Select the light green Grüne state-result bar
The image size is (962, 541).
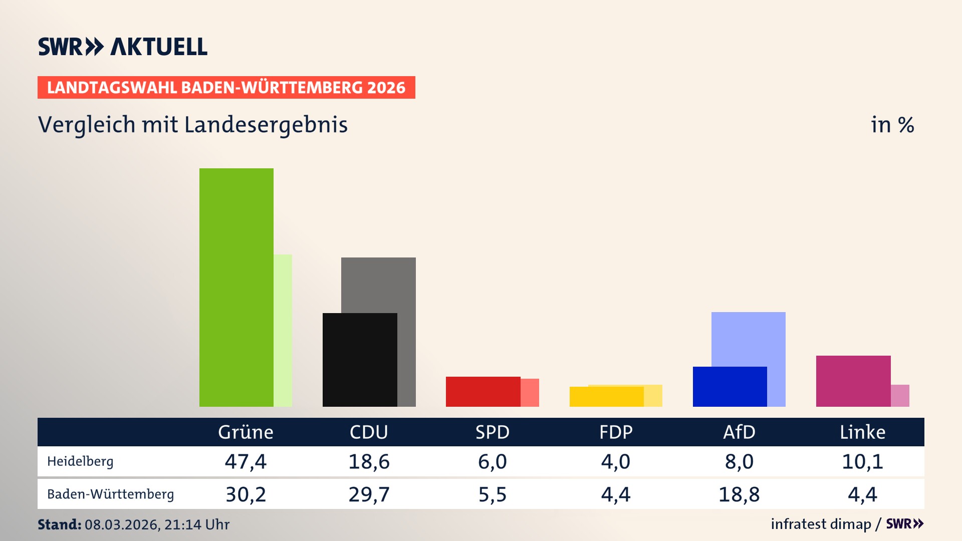click(x=283, y=331)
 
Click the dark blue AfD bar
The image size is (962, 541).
click(x=730, y=386)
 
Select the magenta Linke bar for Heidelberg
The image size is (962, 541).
click(x=853, y=381)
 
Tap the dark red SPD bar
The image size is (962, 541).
click(x=483, y=391)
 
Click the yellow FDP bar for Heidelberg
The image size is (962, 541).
click(x=606, y=396)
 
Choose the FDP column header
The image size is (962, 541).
click(x=616, y=432)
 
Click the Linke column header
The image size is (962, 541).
click(x=862, y=432)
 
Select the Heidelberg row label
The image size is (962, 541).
click(x=80, y=461)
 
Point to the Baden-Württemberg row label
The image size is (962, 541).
click(x=110, y=494)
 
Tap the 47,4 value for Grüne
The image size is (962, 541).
click(x=246, y=461)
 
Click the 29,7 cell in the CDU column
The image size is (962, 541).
click(x=369, y=494)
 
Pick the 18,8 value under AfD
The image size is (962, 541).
click(x=739, y=494)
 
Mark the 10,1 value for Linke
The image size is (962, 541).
click(x=862, y=461)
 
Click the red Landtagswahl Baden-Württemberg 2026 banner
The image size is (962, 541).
click(x=226, y=88)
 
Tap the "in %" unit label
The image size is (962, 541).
click(x=892, y=125)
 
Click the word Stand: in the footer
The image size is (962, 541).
click(x=59, y=524)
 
